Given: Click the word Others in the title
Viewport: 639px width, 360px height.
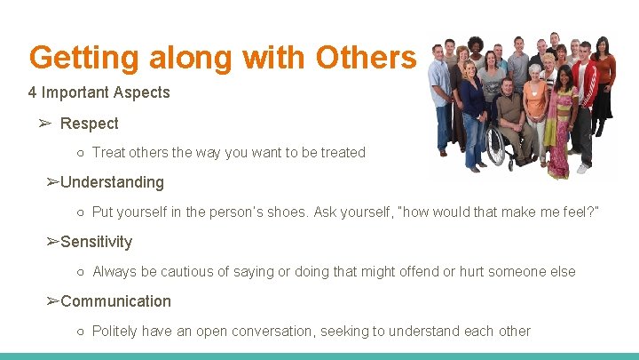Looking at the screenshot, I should [x=365, y=58].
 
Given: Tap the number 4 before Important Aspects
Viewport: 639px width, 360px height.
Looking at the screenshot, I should [x=33, y=92].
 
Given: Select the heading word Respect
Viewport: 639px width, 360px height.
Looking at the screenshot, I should [x=89, y=123].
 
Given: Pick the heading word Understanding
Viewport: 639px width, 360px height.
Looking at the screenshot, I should [x=112, y=182].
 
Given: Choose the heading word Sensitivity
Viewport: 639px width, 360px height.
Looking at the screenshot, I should [x=96, y=242].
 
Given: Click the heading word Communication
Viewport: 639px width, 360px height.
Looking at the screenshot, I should [x=115, y=301].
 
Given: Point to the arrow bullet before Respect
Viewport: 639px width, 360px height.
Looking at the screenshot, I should [x=46, y=123].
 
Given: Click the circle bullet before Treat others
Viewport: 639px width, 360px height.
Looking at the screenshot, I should [x=80, y=153].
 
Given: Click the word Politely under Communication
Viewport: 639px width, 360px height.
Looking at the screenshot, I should [x=114, y=331].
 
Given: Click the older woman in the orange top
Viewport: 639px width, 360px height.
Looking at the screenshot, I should [x=535, y=107].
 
